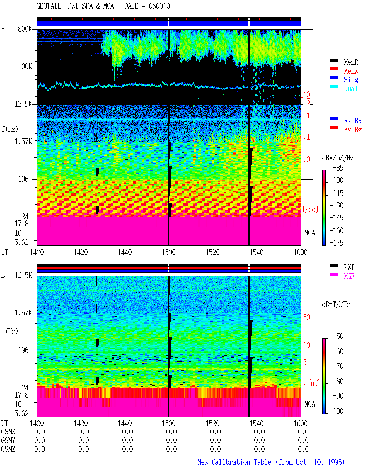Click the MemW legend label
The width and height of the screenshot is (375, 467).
coord(351,71)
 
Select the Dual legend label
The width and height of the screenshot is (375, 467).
coord(350,89)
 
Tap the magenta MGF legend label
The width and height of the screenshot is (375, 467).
coord(349,276)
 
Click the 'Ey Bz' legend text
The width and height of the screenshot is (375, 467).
coord(352,130)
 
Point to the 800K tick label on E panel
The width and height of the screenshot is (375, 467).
coord(25,29)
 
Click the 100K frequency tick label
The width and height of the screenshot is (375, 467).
coord(25,67)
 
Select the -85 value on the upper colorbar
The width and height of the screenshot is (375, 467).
coord(338,168)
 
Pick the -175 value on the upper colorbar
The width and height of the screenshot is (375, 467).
coord(336,243)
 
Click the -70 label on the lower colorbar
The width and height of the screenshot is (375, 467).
coord(338,366)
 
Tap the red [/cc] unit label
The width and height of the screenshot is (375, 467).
coord(310,209)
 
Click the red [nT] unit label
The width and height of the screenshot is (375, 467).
coord(314,383)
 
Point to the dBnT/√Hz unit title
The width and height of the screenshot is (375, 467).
coord(336,304)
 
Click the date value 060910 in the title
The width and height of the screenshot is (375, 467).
coord(159,6)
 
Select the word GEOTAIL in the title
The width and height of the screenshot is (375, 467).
coord(49,6)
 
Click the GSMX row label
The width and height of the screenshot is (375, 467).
coord(8,432)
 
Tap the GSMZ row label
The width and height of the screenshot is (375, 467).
coord(8,449)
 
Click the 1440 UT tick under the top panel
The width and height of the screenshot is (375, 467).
coord(125,252)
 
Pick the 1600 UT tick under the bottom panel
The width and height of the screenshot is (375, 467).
coord(300,423)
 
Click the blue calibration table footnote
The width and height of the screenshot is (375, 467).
coord(271,462)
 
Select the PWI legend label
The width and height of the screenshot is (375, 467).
coord(349,267)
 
